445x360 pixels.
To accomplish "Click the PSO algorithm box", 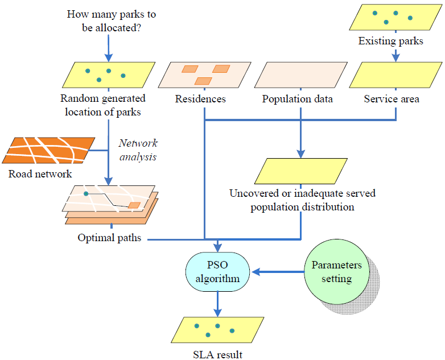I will (217, 271).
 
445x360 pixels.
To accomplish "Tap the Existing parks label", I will (390, 41).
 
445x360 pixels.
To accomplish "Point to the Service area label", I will (392, 99).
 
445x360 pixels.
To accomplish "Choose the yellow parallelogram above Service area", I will (392, 75).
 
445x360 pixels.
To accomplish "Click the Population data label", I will (298, 99).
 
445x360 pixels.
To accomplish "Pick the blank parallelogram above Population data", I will (300, 75).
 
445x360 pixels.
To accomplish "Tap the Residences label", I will (200, 99).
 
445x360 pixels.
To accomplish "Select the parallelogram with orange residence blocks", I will (204, 75).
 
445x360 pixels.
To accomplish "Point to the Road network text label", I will (40, 173).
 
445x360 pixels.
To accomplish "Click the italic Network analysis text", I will (138, 150).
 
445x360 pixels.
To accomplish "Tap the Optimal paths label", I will (109, 238).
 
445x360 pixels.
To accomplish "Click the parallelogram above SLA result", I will (215, 330).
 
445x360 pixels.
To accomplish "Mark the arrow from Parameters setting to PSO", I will (279, 272).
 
